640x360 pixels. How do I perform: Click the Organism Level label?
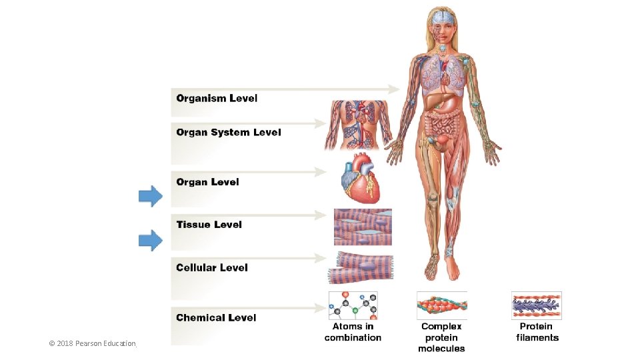217,99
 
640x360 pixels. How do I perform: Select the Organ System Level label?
229,132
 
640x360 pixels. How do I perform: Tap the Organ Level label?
207,182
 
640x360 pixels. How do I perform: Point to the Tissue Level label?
209,225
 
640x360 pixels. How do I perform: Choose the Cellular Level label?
212,268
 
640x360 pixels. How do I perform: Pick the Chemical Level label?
216,317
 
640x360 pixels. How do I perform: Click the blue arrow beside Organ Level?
151,196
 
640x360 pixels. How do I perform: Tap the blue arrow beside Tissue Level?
151,240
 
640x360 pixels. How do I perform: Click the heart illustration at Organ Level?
360,178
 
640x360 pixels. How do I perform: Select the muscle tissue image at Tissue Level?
363,227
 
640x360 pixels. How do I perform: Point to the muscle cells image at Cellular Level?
361,268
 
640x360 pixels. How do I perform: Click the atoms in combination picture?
353,305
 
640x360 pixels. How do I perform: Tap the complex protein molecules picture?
441,305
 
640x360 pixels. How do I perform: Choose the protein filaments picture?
536,305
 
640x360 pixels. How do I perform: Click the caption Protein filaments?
537,332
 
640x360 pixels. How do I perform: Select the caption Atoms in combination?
353,332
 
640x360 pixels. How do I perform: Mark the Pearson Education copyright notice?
92,344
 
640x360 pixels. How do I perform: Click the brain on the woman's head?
442,17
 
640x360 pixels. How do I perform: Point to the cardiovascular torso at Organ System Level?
359,125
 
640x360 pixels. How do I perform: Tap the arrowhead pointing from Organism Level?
393,89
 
